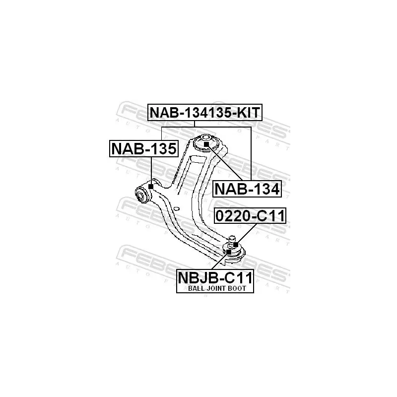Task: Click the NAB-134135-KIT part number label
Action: point(204,113)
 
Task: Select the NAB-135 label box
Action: point(143,148)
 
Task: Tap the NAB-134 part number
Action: point(247,189)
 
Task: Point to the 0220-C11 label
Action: point(250,216)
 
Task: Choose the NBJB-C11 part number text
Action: point(215,276)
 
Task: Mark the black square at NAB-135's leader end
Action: point(150,186)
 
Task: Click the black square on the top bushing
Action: point(206,143)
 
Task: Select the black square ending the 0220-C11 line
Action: point(235,244)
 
